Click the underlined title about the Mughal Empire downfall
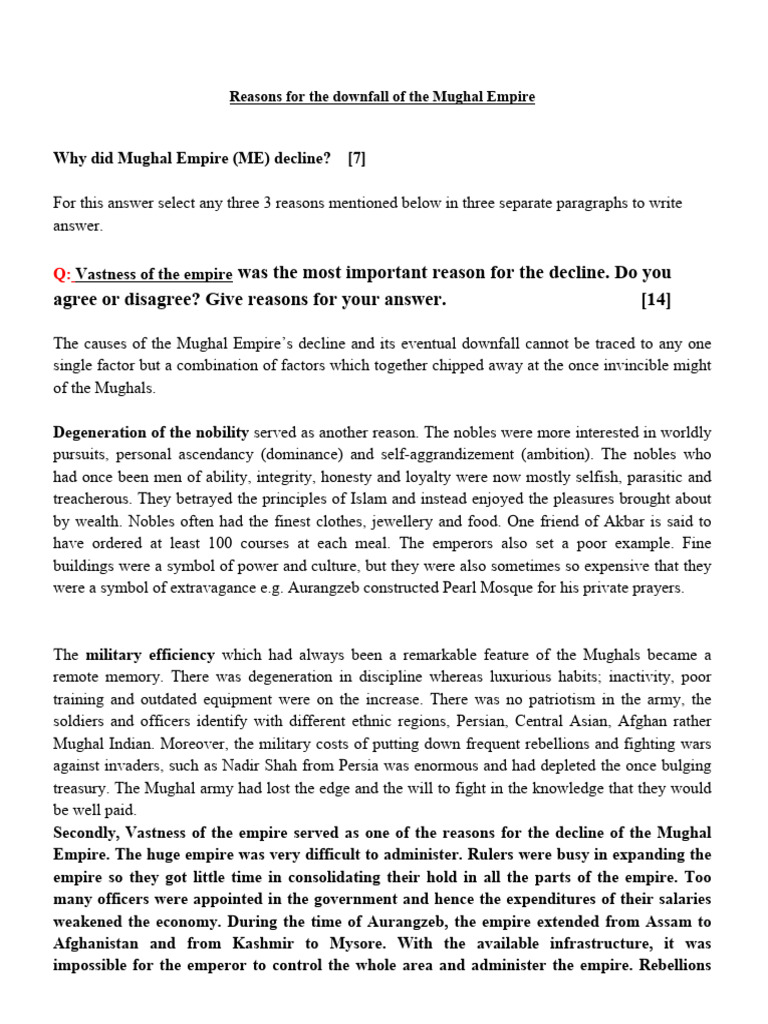coord(382,97)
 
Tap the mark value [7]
coord(358,158)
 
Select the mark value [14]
coord(655,300)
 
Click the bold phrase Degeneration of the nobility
coord(150,433)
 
